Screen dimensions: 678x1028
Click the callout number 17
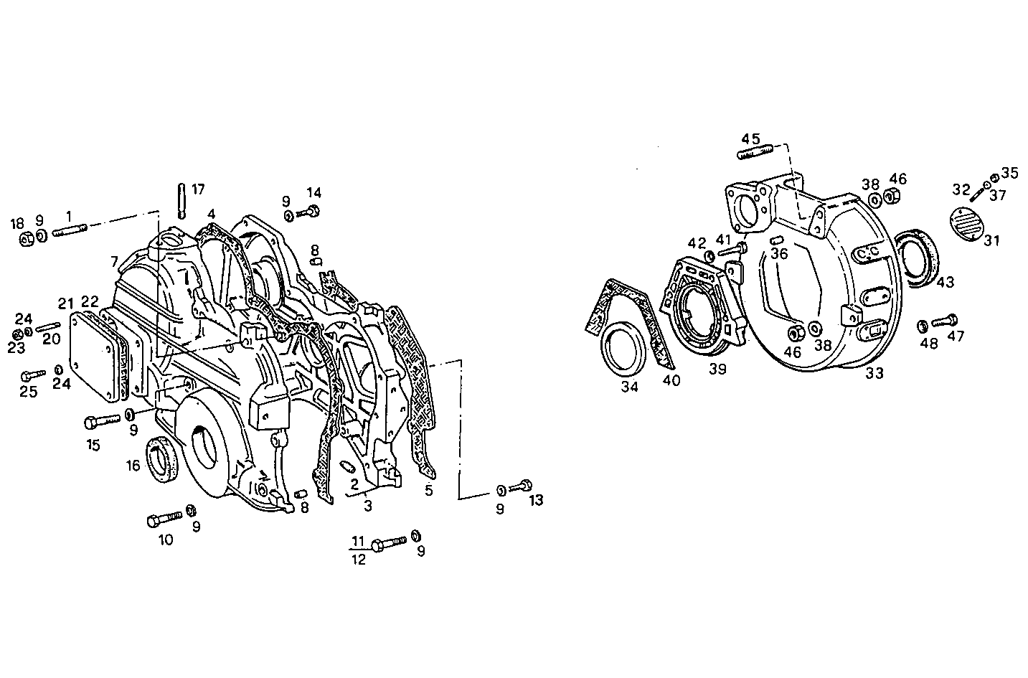pyautogui.click(x=198, y=189)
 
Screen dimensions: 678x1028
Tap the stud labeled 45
pyautogui.click(x=753, y=152)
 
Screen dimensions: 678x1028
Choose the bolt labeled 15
pyautogui.click(x=103, y=420)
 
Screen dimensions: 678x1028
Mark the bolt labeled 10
pyautogui.click(x=164, y=518)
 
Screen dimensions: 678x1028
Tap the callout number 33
pyautogui.click(x=874, y=373)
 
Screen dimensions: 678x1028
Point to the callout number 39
pyautogui.click(x=717, y=369)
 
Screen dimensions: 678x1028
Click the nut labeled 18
pyautogui.click(x=24, y=239)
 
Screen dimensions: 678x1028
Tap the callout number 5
pyautogui.click(x=429, y=491)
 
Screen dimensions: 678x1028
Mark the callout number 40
pyautogui.click(x=671, y=380)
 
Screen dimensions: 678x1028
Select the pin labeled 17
pyautogui.click(x=182, y=200)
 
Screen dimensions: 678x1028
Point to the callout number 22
pyautogui.click(x=90, y=301)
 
